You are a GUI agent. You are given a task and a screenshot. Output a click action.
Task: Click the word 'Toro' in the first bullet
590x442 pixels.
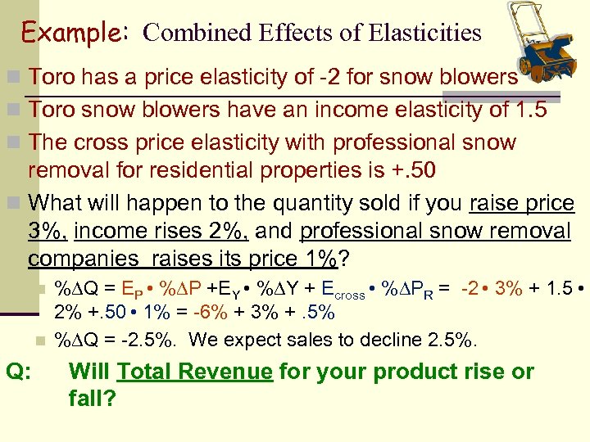pos(52,77)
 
